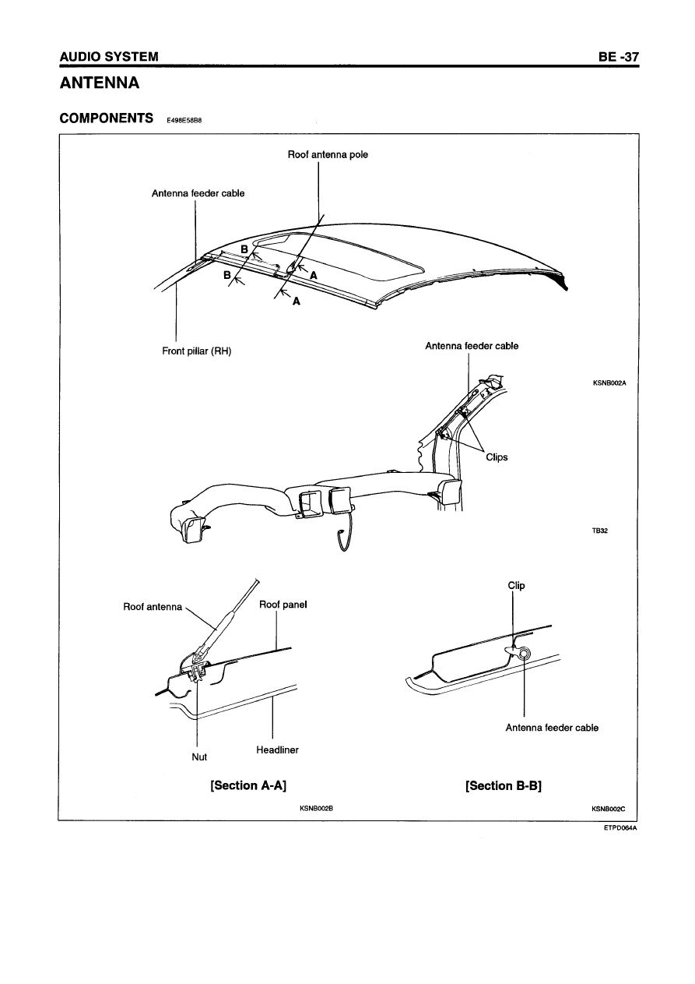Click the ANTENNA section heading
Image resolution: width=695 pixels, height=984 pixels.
point(100,83)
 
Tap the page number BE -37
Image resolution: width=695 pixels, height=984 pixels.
point(619,57)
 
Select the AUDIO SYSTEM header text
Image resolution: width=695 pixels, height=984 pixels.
point(109,57)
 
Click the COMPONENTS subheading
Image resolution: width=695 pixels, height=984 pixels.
point(107,118)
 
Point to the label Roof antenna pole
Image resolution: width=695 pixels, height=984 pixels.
point(328,154)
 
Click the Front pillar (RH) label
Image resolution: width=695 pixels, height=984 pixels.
point(197,351)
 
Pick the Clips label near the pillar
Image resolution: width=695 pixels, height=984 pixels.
point(497,457)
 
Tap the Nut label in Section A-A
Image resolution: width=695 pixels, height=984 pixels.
point(199,757)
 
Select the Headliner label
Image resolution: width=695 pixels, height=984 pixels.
point(277,749)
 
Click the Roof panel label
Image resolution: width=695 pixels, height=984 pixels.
point(283,605)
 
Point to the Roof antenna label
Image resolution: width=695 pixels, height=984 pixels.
point(153,607)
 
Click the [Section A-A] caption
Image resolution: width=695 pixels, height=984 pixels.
point(248,785)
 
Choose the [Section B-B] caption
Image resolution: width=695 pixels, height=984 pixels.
point(504,785)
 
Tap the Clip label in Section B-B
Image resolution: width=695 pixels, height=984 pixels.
point(517,586)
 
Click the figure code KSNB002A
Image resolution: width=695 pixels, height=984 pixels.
point(609,383)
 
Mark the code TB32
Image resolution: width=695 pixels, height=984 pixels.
point(600,531)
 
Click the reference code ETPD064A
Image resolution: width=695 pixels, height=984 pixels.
point(620,828)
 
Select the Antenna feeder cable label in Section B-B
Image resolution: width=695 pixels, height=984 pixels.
point(552,728)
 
